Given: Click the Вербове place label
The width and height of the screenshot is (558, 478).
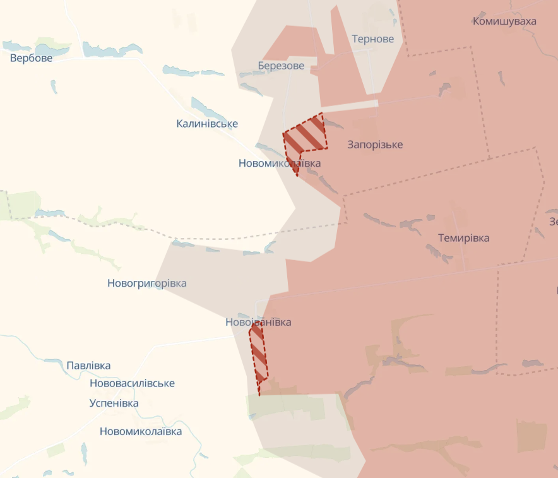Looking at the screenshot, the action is (x=31, y=58).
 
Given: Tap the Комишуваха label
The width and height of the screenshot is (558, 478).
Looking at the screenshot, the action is (x=504, y=21).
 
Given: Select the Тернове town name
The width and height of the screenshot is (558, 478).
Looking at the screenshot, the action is (x=372, y=39).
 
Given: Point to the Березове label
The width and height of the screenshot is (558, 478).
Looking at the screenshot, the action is (x=281, y=66).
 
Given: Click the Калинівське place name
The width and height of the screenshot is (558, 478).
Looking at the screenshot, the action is (x=207, y=124).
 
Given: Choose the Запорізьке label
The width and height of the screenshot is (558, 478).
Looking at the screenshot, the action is (x=375, y=145).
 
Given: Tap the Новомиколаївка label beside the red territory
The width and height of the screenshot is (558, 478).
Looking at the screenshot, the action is (x=279, y=163).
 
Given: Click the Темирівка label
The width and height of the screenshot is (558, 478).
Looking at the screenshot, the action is (x=463, y=238).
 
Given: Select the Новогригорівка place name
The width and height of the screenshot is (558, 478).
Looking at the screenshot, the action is (x=146, y=284).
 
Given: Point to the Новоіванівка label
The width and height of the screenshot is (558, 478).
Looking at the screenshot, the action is (x=258, y=322).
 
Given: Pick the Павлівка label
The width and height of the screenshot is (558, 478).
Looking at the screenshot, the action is (x=88, y=366).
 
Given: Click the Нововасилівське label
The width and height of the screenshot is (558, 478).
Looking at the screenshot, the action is (x=132, y=383).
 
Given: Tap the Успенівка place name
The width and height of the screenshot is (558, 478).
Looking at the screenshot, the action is (x=114, y=403).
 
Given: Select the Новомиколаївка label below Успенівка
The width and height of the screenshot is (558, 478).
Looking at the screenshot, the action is (x=140, y=431).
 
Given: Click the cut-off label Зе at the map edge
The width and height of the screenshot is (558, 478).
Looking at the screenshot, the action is (x=554, y=222).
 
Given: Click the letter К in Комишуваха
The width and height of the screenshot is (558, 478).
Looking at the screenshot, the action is (x=477, y=21).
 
